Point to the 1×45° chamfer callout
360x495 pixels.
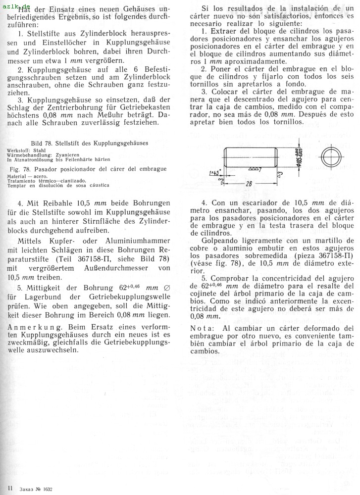214,172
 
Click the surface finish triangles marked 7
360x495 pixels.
255,169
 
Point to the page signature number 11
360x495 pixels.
10,489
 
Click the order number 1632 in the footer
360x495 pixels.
48,489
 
